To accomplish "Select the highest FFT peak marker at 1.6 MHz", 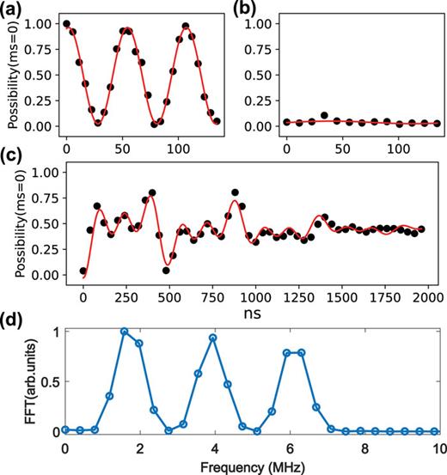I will click(x=125, y=332).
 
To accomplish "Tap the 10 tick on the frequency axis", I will click(x=438, y=448).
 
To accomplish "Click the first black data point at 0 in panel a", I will click(x=67, y=24).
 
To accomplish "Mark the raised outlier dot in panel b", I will click(x=324, y=115).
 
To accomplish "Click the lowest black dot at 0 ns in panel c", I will click(x=83, y=271).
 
